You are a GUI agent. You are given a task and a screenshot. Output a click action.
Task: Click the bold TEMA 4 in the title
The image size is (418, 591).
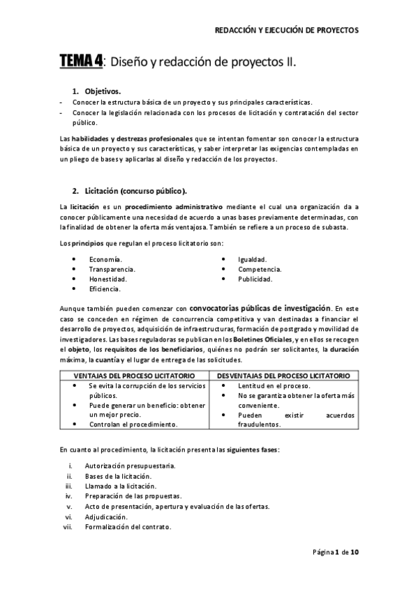click(x=81, y=62)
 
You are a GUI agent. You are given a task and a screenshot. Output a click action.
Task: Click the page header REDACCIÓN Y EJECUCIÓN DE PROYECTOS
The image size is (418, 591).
click(x=285, y=31)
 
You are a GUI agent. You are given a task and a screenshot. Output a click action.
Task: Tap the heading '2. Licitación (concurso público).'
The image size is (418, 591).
click(x=129, y=190)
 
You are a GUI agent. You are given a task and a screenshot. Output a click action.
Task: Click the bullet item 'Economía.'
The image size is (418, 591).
click(x=105, y=259)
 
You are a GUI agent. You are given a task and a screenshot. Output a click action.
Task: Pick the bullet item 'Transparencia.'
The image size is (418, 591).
click(x=112, y=269)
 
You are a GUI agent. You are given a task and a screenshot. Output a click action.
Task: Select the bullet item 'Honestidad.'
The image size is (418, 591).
click(x=107, y=279)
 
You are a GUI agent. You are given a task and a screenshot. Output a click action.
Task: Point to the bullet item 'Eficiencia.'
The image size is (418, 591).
click(x=105, y=289)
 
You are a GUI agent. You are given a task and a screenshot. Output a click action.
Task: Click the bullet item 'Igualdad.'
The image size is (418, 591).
click(x=253, y=259)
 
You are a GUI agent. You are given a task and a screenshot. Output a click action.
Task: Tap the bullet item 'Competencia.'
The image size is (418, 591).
click(x=260, y=269)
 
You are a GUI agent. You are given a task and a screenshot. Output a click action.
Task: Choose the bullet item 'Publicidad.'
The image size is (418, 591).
click(x=255, y=279)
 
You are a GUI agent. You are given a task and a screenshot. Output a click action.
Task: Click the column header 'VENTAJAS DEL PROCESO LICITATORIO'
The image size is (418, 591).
click(x=133, y=376)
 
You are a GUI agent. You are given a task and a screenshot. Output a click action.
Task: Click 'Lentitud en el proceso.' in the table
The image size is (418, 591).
click(x=274, y=385)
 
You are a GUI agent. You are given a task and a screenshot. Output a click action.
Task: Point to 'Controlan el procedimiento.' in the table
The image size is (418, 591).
click(x=133, y=424)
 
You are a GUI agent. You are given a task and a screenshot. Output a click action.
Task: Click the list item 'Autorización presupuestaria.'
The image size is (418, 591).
click(x=130, y=465)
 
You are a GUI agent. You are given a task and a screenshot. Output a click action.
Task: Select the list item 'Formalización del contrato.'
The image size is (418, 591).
click(x=128, y=528)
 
